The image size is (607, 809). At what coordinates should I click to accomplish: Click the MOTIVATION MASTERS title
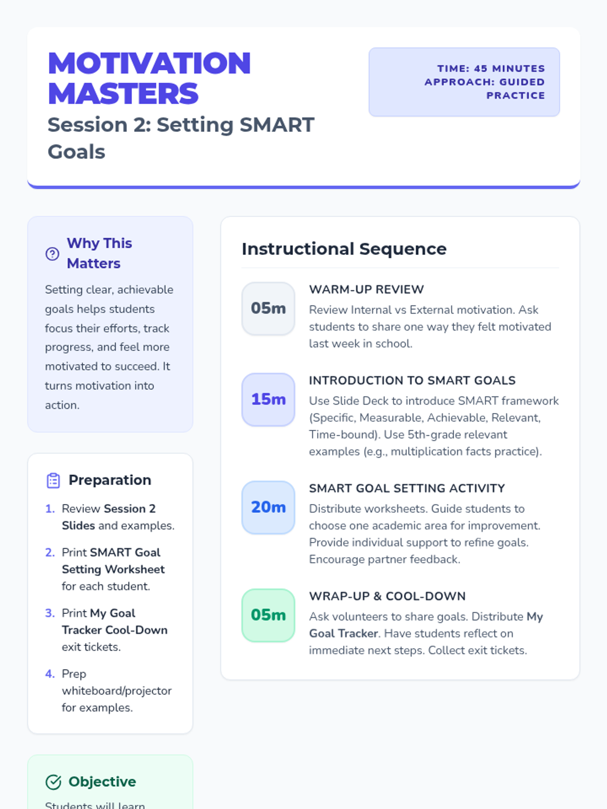(149, 78)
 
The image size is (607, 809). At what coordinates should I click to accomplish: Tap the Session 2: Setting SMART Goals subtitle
(181, 138)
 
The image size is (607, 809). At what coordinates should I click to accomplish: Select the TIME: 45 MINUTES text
(491, 69)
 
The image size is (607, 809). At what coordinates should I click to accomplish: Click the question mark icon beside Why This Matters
(52, 254)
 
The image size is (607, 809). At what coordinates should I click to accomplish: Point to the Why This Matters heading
(100, 253)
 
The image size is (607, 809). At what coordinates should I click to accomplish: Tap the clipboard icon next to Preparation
(53, 481)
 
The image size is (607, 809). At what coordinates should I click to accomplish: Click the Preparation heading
(110, 480)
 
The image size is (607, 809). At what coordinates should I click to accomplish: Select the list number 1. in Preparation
(50, 509)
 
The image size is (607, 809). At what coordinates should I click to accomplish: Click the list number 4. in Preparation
(50, 673)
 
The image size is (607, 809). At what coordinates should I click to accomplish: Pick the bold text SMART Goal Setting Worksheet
(113, 561)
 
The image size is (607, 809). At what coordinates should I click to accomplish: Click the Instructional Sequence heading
(344, 249)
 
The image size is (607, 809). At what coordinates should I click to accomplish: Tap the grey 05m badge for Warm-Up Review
(268, 308)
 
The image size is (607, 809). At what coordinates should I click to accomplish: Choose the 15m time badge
(268, 399)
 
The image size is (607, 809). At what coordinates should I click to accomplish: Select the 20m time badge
(268, 508)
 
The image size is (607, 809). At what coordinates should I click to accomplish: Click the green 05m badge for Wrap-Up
(268, 615)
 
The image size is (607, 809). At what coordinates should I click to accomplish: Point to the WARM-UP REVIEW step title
(366, 290)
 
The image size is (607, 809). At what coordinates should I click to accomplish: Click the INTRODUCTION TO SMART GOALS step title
(412, 380)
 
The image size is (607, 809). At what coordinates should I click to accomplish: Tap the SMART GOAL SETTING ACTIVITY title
(407, 488)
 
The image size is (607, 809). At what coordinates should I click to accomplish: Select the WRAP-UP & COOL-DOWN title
(387, 596)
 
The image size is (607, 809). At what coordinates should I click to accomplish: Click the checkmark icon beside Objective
(53, 782)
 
